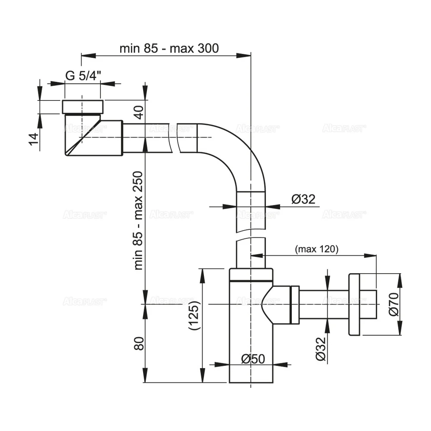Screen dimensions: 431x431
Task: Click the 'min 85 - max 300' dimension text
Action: [x=169, y=48]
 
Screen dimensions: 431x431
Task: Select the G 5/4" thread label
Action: [x=83, y=75]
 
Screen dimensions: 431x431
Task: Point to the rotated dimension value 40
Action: [x=137, y=113]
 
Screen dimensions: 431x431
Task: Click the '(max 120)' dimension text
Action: [x=316, y=249]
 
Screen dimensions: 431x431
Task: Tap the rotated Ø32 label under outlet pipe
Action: [x=320, y=349]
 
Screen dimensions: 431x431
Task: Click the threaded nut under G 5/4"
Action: [x=83, y=106]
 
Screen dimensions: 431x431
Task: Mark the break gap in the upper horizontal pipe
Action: [x=174, y=137]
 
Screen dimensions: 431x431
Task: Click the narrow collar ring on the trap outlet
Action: [x=295, y=304]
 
